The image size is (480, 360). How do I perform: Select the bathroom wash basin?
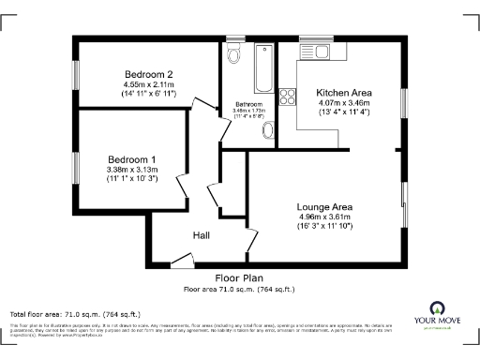[x=268, y=129]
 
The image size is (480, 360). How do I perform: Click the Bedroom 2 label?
[x=149, y=73]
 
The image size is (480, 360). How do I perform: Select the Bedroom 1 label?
[x=131, y=159]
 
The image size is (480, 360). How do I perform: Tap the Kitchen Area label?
[x=345, y=93]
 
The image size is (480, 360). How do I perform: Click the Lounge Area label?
[x=323, y=206]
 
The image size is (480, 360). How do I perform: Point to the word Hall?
[x=202, y=235]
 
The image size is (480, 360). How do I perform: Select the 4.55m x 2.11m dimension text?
[x=149, y=83]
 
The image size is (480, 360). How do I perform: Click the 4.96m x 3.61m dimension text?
[x=323, y=217]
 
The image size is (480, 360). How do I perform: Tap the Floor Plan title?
[x=238, y=278]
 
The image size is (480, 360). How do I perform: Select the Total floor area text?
[x=75, y=313]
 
